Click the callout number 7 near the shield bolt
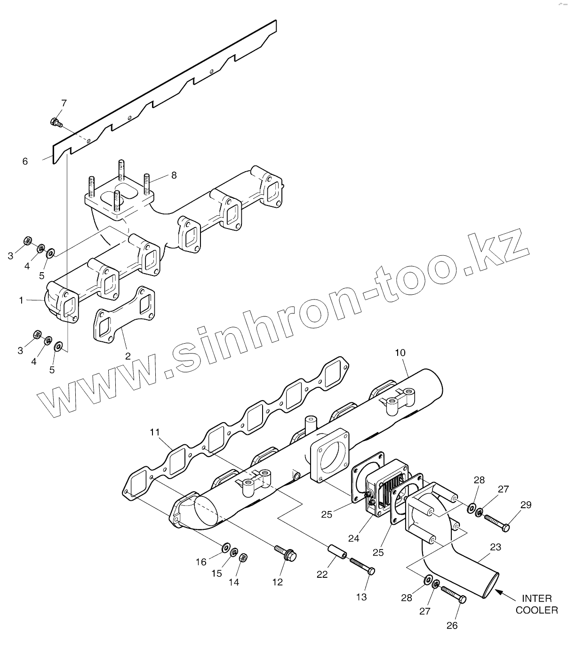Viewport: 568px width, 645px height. [x=64, y=103]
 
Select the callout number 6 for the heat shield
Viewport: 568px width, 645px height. [x=25, y=161]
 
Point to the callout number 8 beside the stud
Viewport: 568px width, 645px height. [x=174, y=175]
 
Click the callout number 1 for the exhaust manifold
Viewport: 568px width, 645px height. [x=21, y=300]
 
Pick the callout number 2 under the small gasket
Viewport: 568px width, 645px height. [x=128, y=356]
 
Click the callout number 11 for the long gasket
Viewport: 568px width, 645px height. [x=155, y=431]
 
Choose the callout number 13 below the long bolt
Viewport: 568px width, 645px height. [x=361, y=597]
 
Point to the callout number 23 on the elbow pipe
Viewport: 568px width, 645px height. [x=496, y=547]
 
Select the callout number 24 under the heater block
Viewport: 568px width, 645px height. [x=354, y=538]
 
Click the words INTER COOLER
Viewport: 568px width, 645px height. [x=537, y=605]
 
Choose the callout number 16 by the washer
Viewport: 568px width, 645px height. [x=201, y=562]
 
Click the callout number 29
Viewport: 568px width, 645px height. [x=526, y=505]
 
